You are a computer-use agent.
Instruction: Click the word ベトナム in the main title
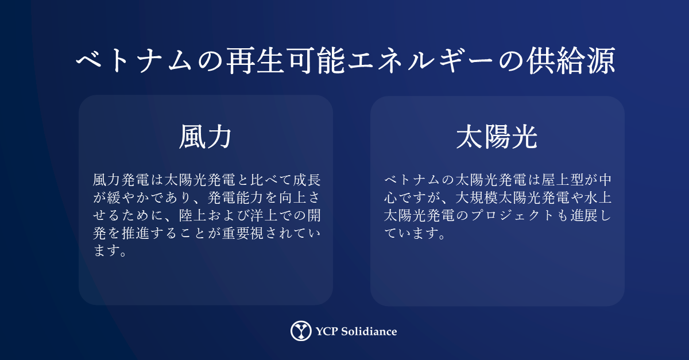pos(134,61)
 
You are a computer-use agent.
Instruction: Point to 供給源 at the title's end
pos(571,61)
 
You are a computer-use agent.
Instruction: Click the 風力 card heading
pos(206,137)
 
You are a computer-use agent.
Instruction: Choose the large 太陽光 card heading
pos(497,137)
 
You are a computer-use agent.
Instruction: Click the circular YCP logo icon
pos(301,331)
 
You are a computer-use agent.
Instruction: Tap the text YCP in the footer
pos(327,331)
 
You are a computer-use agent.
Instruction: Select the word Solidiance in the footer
pos(369,331)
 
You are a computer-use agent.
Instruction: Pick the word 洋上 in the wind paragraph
pos(264,215)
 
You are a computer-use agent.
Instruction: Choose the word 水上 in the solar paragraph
pos(598,198)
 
